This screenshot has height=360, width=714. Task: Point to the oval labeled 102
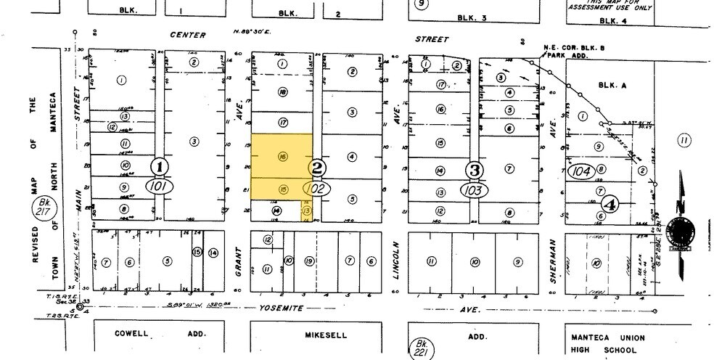click(x=317, y=188)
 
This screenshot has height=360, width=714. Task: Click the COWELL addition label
click(x=136, y=335)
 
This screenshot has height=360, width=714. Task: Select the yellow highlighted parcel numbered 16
click(x=282, y=155)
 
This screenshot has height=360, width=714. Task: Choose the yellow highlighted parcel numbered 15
click(x=282, y=189)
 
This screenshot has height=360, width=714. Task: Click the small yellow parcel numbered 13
click(x=307, y=210)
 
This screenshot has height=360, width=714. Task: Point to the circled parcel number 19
click(x=309, y=260)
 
